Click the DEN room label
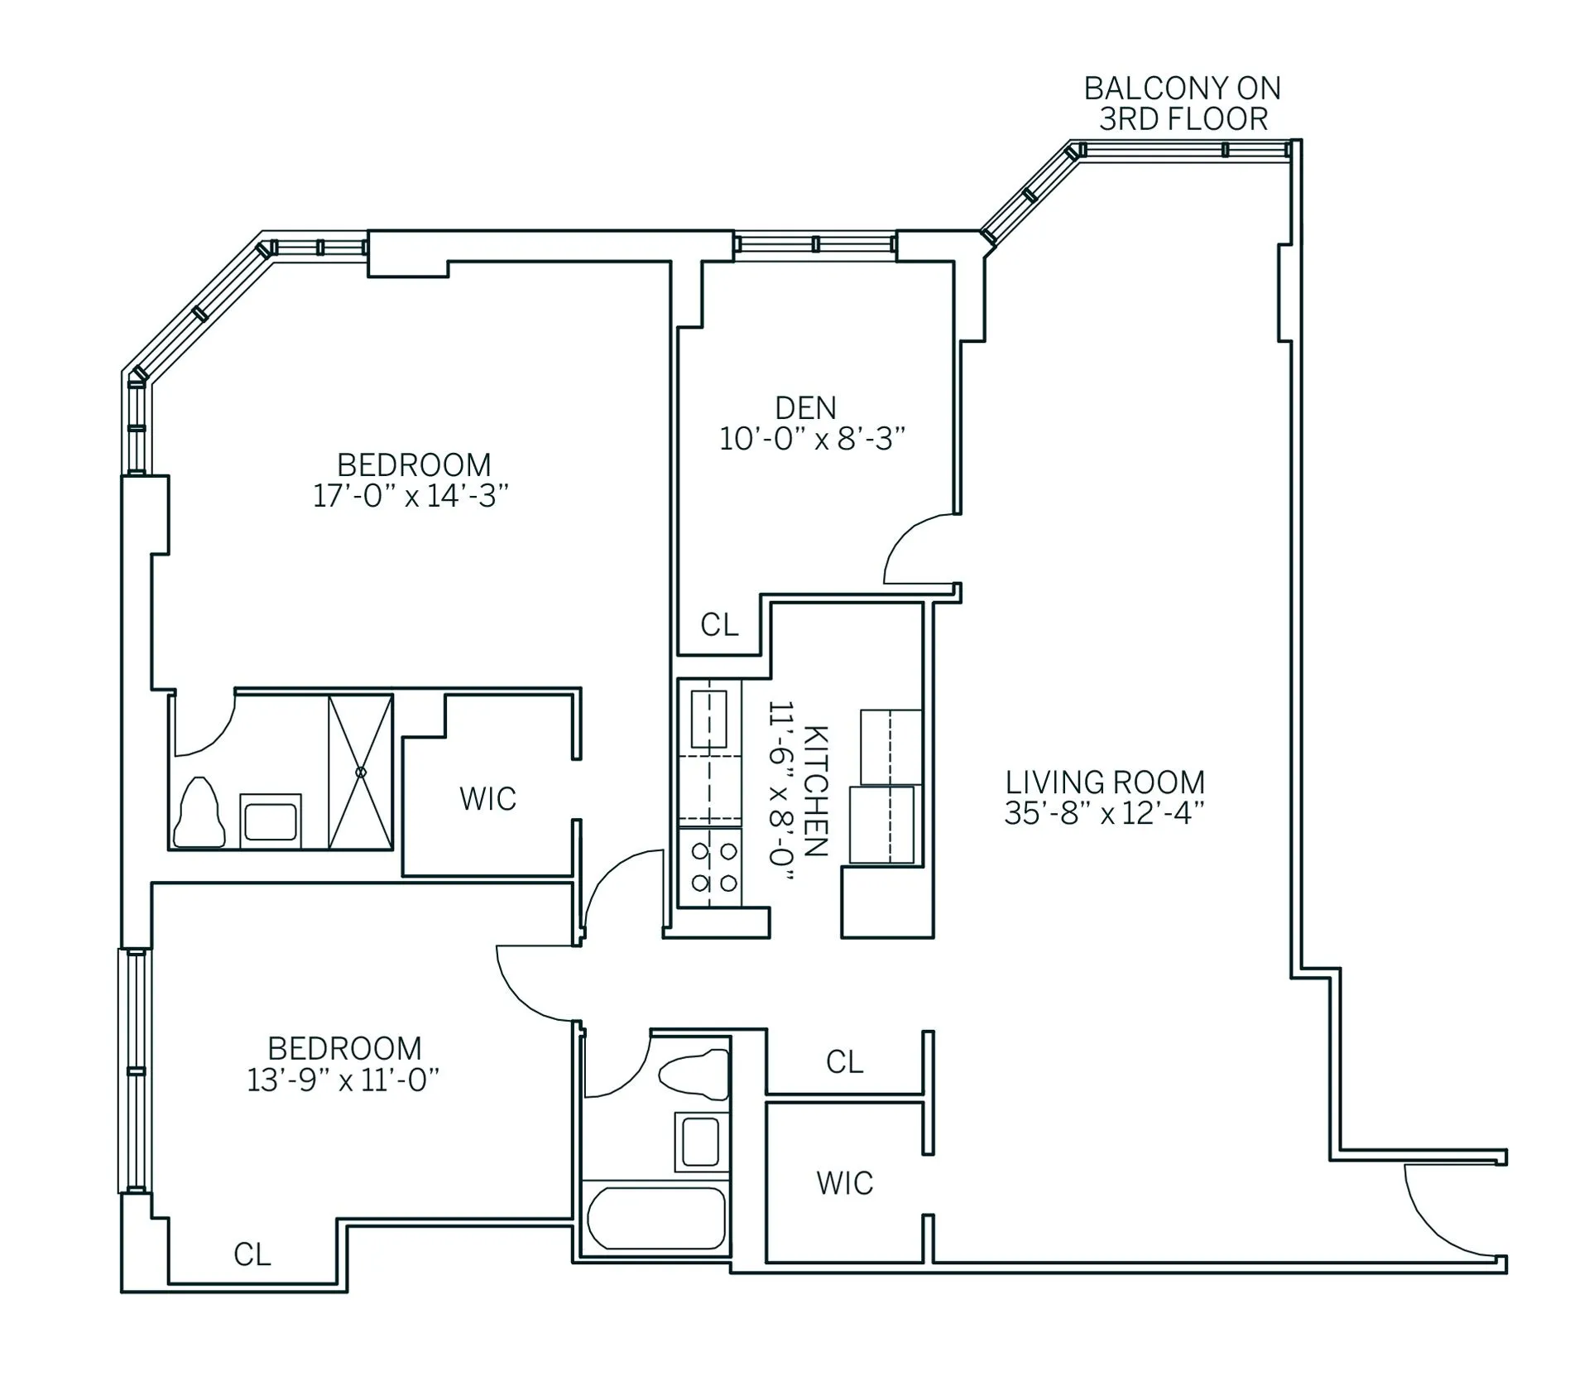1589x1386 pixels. click(x=805, y=408)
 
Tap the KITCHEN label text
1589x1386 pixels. click(x=815, y=792)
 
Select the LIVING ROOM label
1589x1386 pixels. click(x=1104, y=782)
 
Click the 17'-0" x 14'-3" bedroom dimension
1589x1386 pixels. click(x=410, y=496)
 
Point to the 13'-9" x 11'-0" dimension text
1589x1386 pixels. click(x=343, y=1080)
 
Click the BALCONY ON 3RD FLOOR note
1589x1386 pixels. click(x=1182, y=103)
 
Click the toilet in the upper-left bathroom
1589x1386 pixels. click(x=199, y=814)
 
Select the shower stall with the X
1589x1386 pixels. click(x=360, y=772)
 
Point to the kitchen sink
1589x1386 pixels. click(x=708, y=719)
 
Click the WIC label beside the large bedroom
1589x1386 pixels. click(x=487, y=799)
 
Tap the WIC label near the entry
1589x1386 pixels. click(x=844, y=1184)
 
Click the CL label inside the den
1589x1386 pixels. click(x=718, y=626)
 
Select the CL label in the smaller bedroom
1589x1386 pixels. click(x=252, y=1255)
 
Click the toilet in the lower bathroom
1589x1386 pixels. click(x=695, y=1074)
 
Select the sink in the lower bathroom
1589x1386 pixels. click(x=701, y=1142)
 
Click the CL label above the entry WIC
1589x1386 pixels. click(x=844, y=1062)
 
